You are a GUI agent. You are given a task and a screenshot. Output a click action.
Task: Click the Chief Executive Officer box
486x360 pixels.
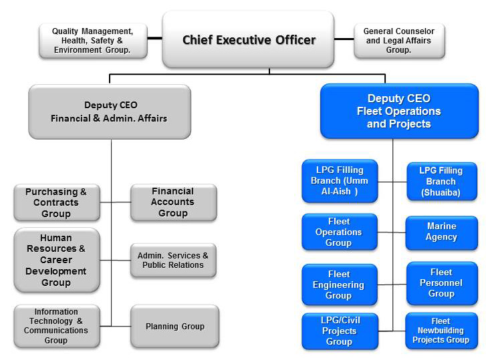248,39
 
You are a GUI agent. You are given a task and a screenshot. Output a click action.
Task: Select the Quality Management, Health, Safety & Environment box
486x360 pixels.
92,40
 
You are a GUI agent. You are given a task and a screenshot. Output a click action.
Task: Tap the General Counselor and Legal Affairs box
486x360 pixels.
398,40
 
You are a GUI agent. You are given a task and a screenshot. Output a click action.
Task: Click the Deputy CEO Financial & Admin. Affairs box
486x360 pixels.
109,112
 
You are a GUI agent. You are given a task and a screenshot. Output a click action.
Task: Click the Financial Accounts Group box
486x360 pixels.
173,202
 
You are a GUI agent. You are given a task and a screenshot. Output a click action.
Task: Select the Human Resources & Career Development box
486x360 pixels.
56,260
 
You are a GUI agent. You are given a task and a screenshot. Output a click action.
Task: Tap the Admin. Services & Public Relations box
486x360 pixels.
173,260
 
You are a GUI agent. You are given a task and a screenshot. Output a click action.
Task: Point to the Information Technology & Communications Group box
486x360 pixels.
56,326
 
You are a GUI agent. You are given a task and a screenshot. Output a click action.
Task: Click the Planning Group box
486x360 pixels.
174,326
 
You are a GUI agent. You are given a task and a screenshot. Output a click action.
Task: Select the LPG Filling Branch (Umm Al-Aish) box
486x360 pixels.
340,180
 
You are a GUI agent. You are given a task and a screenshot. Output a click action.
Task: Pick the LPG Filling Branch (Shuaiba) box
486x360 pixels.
441,181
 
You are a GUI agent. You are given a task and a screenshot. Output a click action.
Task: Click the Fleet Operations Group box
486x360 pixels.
340,232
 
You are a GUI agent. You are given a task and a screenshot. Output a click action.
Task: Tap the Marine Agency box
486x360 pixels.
441,232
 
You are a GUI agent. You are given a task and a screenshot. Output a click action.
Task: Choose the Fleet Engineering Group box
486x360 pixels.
340,285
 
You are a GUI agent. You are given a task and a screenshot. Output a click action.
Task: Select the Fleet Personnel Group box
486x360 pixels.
441,283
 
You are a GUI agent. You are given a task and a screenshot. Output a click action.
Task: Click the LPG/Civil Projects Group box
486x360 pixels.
340,331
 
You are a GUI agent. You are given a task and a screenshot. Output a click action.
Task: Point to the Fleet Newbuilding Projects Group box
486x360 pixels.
441,331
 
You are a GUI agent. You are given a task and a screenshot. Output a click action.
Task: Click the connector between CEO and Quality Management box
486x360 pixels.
154,38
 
